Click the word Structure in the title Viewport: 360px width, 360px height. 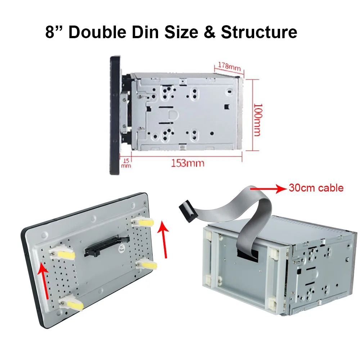(259, 32)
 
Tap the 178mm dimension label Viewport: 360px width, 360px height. (229, 66)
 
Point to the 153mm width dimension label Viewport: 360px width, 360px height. (187, 163)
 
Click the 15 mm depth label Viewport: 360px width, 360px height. (126, 163)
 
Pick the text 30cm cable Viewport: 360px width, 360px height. (316, 188)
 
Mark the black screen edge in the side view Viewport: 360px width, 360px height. (114, 115)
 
